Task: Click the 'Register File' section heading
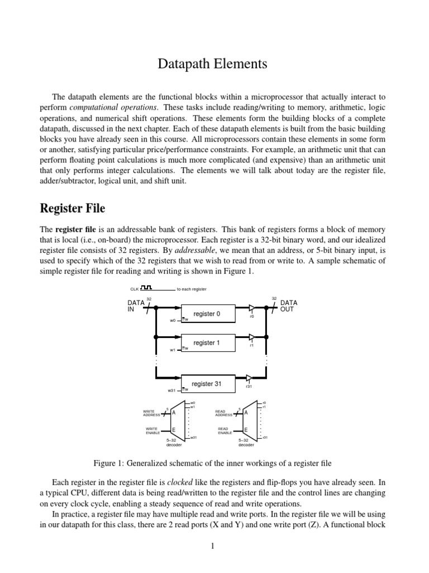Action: tap(73, 209)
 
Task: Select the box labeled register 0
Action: tap(207, 314)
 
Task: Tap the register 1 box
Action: tap(207, 342)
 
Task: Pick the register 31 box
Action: tap(207, 384)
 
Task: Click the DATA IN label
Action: tap(136, 306)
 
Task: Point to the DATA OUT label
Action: tap(289, 306)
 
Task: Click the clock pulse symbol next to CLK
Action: tap(147, 288)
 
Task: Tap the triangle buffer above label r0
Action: tap(252, 307)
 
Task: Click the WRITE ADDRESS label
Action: tap(152, 413)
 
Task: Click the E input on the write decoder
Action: tap(173, 429)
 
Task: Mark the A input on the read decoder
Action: tap(246, 412)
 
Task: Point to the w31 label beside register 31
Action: tap(171, 390)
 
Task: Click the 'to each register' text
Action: tap(192, 289)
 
